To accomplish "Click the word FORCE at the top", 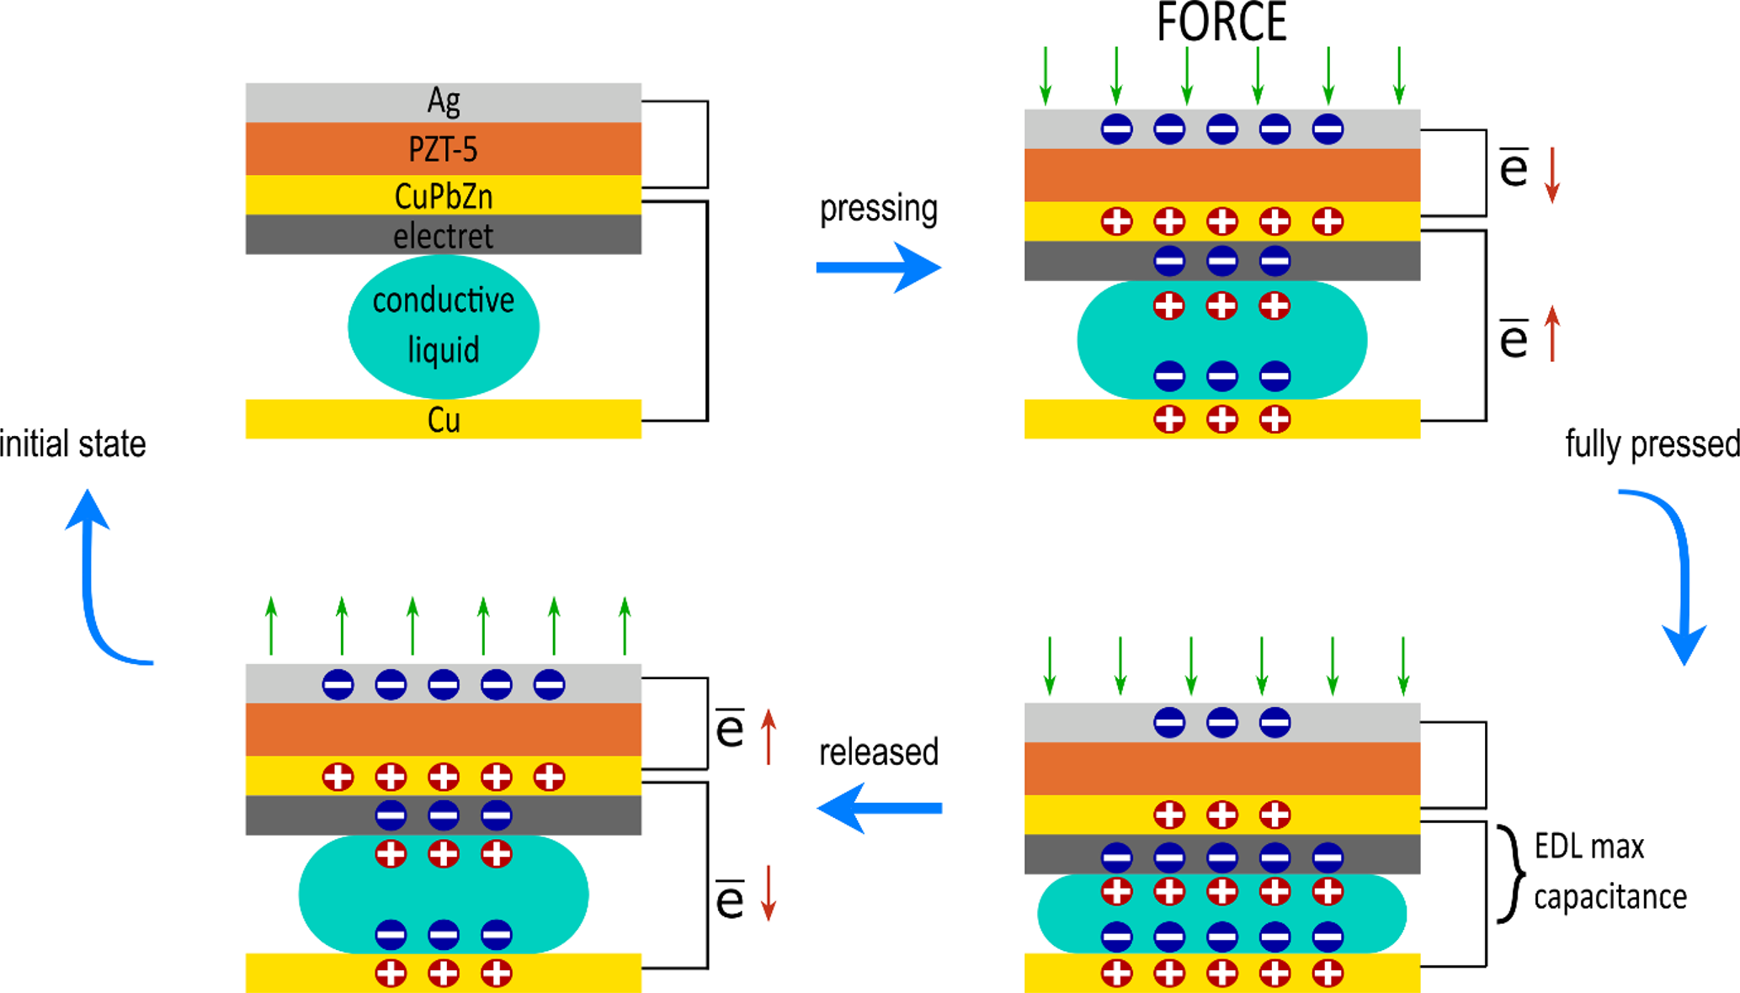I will [x=1221, y=23].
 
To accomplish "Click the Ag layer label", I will [x=444, y=101].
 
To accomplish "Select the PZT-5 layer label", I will [x=444, y=150].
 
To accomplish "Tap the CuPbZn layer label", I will [x=444, y=196].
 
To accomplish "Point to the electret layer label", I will [x=444, y=236].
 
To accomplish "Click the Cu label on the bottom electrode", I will [x=444, y=420].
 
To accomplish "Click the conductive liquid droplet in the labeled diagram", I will [x=444, y=326].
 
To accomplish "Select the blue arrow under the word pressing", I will [x=879, y=268].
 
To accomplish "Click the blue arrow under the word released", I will [x=879, y=808].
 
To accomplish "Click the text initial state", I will [x=73, y=444].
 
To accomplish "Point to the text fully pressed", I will [x=1652, y=444].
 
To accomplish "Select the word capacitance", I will [x=1610, y=897].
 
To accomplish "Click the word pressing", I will [x=879, y=209].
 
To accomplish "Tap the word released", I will [x=879, y=752].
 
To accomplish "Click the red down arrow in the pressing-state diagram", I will [x=1552, y=175].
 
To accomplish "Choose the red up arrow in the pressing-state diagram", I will [x=1552, y=334].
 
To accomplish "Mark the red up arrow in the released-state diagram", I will [x=769, y=736].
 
